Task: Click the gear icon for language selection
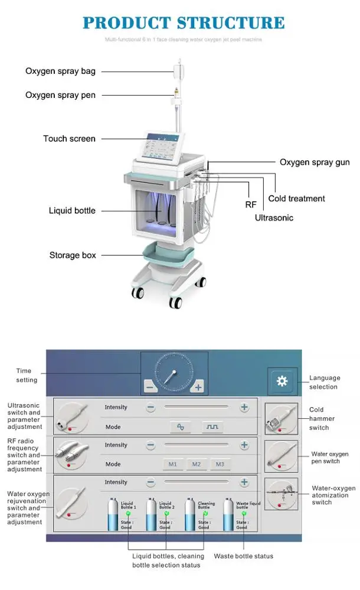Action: [x=282, y=381]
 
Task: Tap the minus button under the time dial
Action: [x=150, y=387]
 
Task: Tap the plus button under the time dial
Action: [x=198, y=387]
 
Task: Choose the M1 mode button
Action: [x=172, y=464]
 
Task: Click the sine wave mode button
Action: [x=181, y=427]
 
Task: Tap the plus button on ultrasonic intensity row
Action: [x=244, y=407]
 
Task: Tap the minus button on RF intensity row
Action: [x=150, y=445]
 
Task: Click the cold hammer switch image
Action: [x=281, y=419]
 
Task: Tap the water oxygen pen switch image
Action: [x=281, y=456]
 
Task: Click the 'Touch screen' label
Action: [x=69, y=139]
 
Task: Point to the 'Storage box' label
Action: [x=73, y=255]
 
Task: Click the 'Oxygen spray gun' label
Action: [x=315, y=162]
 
